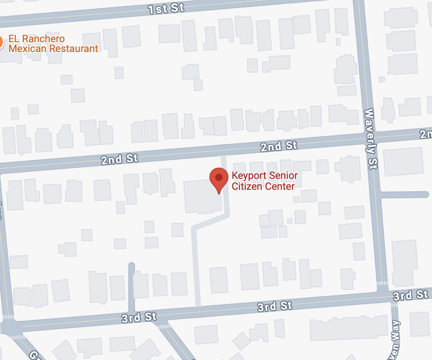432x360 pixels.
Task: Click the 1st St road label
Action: [166, 9]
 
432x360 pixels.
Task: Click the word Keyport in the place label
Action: [247, 176]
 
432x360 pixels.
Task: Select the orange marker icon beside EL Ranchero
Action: [1, 43]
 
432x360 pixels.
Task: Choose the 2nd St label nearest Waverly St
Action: [279, 146]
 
